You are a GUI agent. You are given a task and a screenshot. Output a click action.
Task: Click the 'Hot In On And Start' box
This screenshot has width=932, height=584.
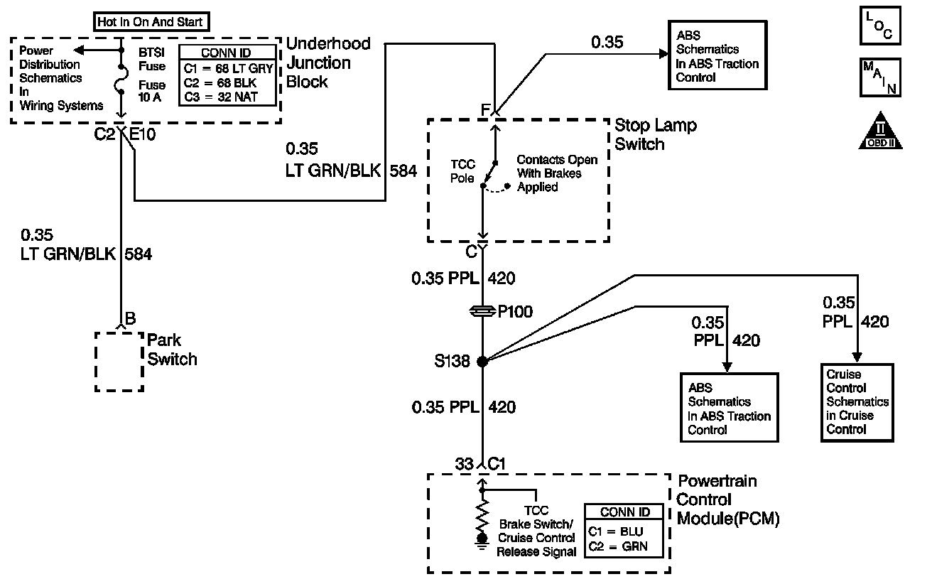pos(151,21)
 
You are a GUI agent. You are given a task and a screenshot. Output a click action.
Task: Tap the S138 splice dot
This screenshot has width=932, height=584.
pos(482,362)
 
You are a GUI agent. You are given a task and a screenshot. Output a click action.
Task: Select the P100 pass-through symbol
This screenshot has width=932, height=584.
pos(482,311)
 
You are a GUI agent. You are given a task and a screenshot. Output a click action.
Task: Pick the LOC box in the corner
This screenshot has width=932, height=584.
pos(880,26)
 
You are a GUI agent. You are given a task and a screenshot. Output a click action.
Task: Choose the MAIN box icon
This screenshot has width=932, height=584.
pos(880,77)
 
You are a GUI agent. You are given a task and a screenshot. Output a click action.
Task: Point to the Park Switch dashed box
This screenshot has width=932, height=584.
pos(119,362)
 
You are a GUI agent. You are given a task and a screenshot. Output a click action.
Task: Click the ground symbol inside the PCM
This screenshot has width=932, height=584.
pos(482,542)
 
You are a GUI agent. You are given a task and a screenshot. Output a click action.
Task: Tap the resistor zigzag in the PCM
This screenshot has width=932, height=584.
pos(482,515)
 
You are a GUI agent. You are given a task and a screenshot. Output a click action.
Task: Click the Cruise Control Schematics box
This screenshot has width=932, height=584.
pos(857,403)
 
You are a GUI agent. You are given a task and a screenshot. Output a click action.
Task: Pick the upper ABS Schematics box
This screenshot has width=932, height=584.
pos(717,55)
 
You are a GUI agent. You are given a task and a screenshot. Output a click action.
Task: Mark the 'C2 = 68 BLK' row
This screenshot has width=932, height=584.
pos(220,83)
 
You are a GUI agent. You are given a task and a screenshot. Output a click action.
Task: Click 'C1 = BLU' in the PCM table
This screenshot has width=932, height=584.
pos(615,531)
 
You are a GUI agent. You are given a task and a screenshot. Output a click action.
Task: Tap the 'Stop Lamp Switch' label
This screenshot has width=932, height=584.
pos(656,134)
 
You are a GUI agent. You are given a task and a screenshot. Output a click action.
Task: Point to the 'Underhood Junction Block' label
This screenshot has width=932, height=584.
pos(328,63)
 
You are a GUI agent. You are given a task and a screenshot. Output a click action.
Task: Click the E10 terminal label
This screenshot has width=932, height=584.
pos(142,134)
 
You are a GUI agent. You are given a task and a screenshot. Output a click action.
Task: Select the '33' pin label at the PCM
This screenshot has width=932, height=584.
pos(464,464)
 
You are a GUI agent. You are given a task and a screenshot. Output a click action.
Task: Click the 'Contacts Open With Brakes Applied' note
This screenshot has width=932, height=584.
pos(557,173)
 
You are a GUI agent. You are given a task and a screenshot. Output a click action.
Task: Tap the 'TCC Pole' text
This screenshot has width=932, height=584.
pos(462,171)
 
